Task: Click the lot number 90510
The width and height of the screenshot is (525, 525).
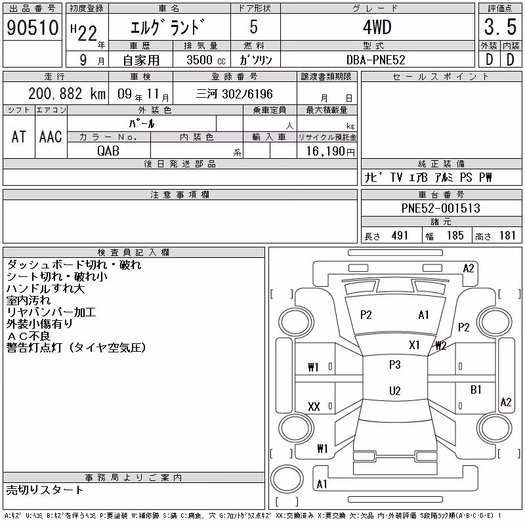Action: pyautogui.click(x=32, y=28)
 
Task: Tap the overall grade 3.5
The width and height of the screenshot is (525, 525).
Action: pyautogui.click(x=500, y=27)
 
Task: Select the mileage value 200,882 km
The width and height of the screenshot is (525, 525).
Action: pyautogui.click(x=67, y=94)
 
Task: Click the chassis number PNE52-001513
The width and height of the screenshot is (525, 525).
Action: pyautogui.click(x=440, y=208)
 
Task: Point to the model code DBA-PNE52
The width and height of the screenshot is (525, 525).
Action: pyautogui.click(x=375, y=60)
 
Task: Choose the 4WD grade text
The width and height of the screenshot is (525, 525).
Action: pyautogui.click(x=377, y=27)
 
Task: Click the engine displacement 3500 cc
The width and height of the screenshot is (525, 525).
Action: pyautogui.click(x=206, y=60)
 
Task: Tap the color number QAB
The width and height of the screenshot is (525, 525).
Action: pyautogui.click(x=108, y=151)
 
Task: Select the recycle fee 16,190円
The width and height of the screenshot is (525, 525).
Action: pyautogui.click(x=330, y=152)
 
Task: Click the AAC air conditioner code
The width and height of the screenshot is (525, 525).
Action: pyautogui.click(x=51, y=136)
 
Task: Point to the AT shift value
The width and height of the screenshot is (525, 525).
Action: pyautogui.click(x=19, y=136)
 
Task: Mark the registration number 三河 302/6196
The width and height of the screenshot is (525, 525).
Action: pyautogui.click(x=234, y=94)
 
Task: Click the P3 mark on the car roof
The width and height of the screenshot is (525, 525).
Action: pyautogui.click(x=395, y=365)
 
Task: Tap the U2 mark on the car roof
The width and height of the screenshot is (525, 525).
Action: pyautogui.click(x=395, y=390)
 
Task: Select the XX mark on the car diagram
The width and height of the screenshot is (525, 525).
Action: pyautogui.click(x=314, y=406)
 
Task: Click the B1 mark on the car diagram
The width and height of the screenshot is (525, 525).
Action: pyautogui.click(x=476, y=389)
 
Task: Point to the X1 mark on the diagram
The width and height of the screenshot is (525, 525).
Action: pyautogui.click(x=414, y=345)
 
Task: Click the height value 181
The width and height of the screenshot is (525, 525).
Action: pyautogui.click(x=507, y=236)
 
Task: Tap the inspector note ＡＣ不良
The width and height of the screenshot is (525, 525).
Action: pyautogui.click(x=28, y=336)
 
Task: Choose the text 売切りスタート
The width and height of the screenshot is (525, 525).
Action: pyautogui.click(x=45, y=490)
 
